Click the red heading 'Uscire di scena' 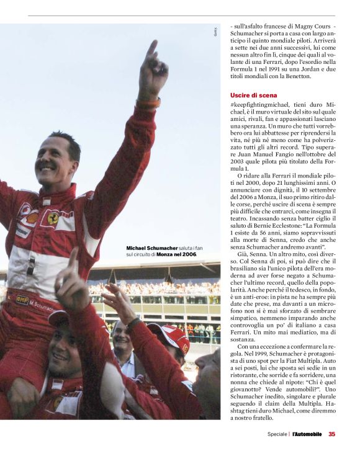click(x=248, y=95)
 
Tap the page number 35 click(x=332, y=434)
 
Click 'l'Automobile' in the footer click(x=307, y=434)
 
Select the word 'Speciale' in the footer click(x=277, y=434)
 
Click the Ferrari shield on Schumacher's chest click(x=53, y=218)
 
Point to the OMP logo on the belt click(x=22, y=299)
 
